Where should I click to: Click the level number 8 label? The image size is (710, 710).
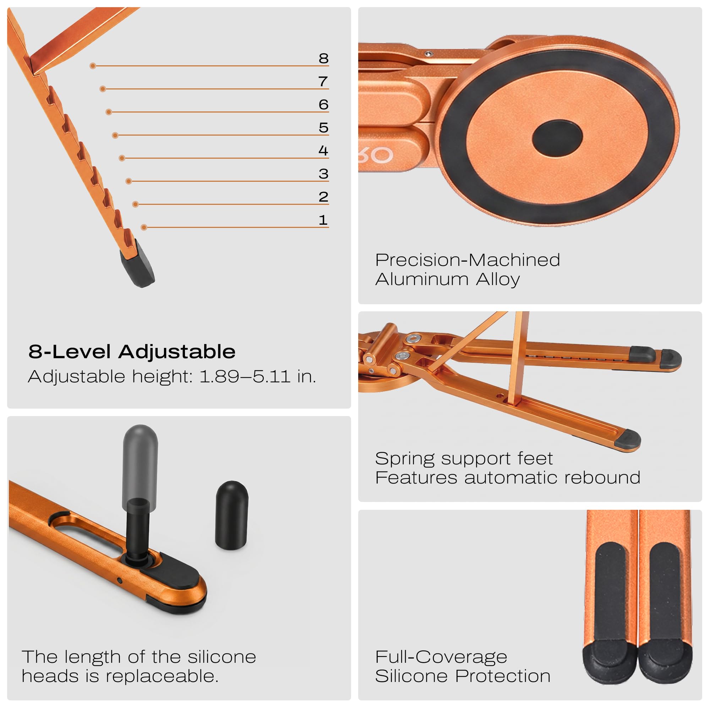pos(323,58)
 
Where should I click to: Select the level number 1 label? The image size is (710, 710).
pos(323,220)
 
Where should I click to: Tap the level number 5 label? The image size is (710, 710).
pos(323,127)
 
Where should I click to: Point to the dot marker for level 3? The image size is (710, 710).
pos(129,181)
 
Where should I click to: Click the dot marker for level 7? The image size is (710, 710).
pos(103,89)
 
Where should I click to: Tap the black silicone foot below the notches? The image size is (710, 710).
pos(137,263)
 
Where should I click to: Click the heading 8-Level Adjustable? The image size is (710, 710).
pos(132,352)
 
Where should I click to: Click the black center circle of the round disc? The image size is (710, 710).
pos(557,138)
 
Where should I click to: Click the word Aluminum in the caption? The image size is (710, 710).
pos(421,279)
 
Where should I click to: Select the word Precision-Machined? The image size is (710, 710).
pos(468,260)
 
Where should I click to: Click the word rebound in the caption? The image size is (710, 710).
pos(603,478)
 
